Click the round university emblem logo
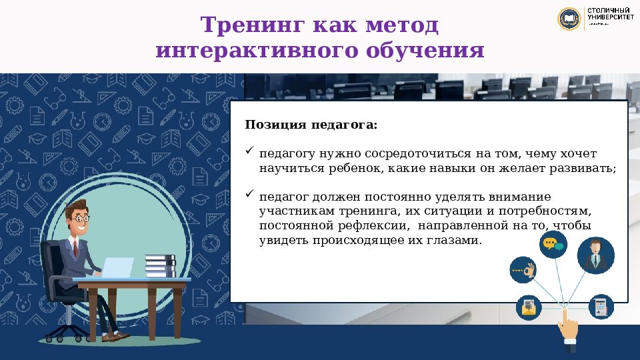[569, 19]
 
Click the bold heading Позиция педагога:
[311, 125]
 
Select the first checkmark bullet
[250, 152]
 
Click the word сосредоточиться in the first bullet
[406, 153]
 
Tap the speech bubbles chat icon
[553, 245]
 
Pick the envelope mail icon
[529, 307]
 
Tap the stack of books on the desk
[160, 266]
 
